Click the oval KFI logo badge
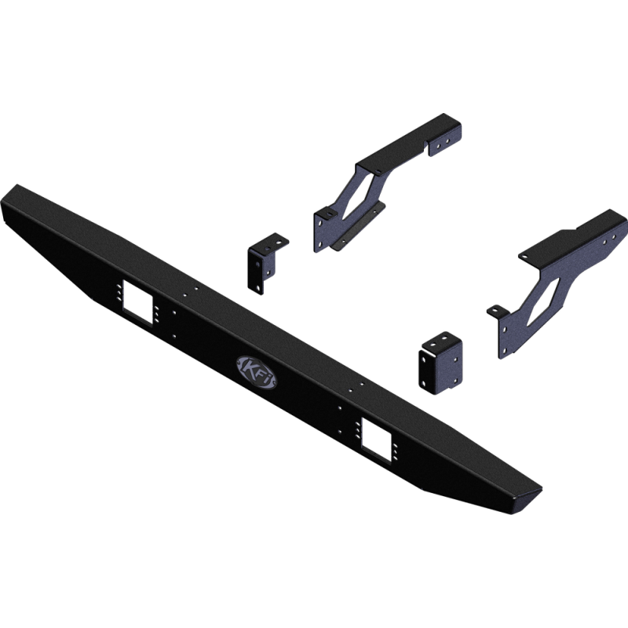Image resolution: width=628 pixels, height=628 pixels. [257, 371]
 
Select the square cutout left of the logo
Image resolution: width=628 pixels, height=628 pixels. [138, 301]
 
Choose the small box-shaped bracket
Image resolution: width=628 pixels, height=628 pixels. [440, 363]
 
